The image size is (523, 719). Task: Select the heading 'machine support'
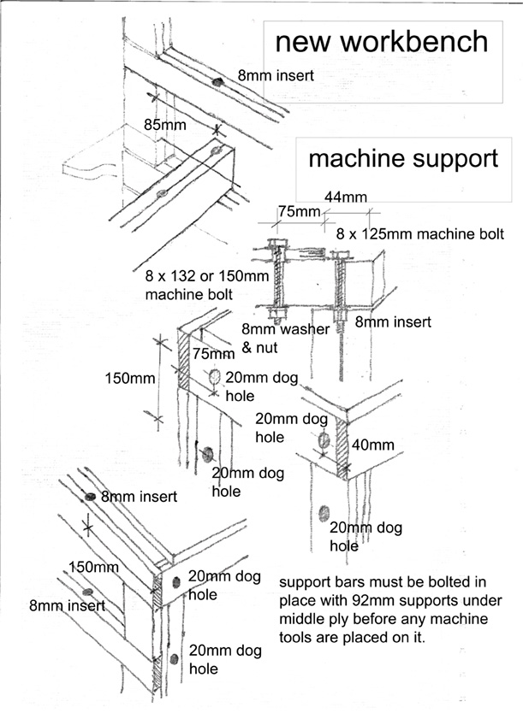[x=402, y=158]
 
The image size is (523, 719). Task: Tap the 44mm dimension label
[x=341, y=197]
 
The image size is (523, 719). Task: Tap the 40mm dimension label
[x=373, y=445]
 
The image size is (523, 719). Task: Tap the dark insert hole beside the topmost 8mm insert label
[x=217, y=82]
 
